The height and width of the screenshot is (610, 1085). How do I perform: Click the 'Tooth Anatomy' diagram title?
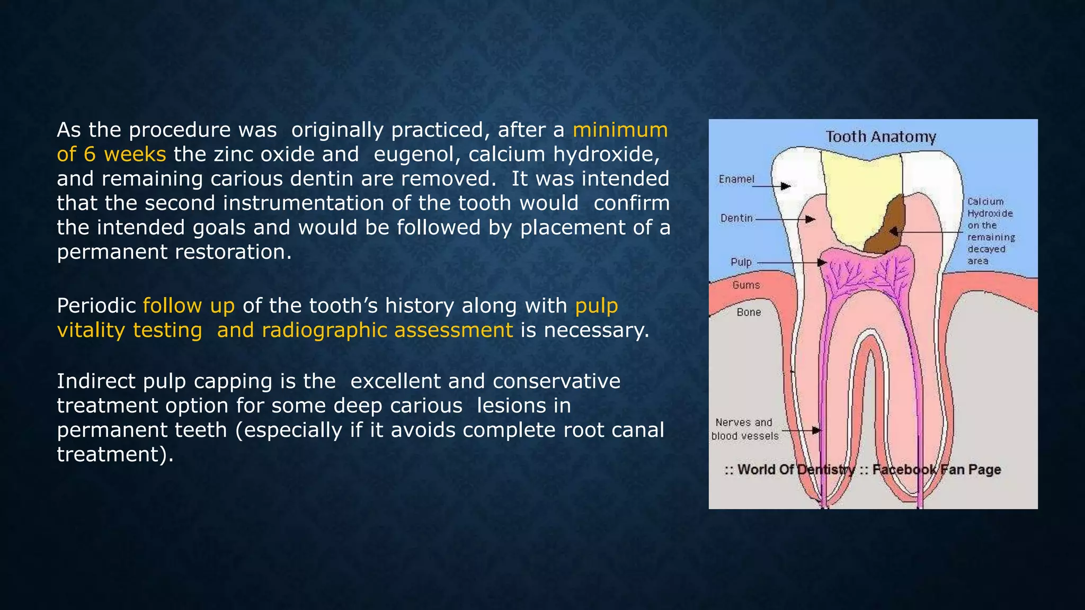(x=881, y=137)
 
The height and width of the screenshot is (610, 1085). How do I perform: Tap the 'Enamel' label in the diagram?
(x=736, y=179)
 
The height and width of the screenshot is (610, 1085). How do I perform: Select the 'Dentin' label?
(x=736, y=218)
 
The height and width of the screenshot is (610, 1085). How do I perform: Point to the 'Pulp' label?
(x=741, y=262)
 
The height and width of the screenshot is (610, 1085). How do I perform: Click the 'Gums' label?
(x=746, y=285)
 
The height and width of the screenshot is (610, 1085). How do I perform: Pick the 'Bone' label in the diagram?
(x=749, y=312)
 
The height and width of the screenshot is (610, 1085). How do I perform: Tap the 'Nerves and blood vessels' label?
(x=744, y=429)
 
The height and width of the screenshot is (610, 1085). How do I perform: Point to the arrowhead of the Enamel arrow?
(x=786, y=186)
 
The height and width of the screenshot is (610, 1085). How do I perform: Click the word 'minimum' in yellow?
(x=620, y=130)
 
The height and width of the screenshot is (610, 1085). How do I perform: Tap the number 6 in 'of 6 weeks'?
(x=90, y=154)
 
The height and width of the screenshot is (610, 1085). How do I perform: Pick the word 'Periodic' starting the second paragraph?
(x=96, y=306)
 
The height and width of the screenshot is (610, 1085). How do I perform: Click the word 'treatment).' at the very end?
(x=115, y=454)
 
